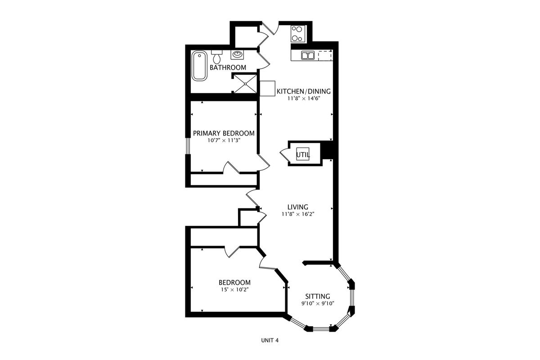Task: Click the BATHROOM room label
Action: pyautogui.click(x=228, y=67)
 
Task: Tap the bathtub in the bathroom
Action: pyautogui.click(x=200, y=66)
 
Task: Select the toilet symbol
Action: pyautogui.click(x=217, y=57)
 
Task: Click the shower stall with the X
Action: pyautogui.click(x=245, y=84)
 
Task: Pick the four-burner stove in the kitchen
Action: pyautogui.click(x=298, y=33)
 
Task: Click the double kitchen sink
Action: pyautogui.click(x=308, y=55)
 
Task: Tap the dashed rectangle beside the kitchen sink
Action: pyautogui.click(x=325, y=55)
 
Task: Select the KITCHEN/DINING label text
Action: pyautogui.click(x=303, y=91)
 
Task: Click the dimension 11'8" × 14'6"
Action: pyautogui.click(x=303, y=99)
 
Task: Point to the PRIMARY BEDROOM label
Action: pyautogui.click(x=224, y=133)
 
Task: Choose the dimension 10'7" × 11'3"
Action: pyautogui.click(x=224, y=140)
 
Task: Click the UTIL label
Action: pyautogui.click(x=303, y=155)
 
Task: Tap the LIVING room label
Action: pyautogui.click(x=298, y=207)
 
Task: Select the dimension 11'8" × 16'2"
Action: pyautogui.click(x=298, y=214)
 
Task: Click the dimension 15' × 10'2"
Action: pyautogui.click(x=234, y=289)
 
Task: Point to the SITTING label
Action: pyautogui.click(x=318, y=297)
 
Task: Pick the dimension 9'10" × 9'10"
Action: pyautogui.click(x=318, y=303)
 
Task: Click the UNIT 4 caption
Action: pyautogui.click(x=270, y=340)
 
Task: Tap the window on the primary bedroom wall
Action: pyautogui.click(x=188, y=146)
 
